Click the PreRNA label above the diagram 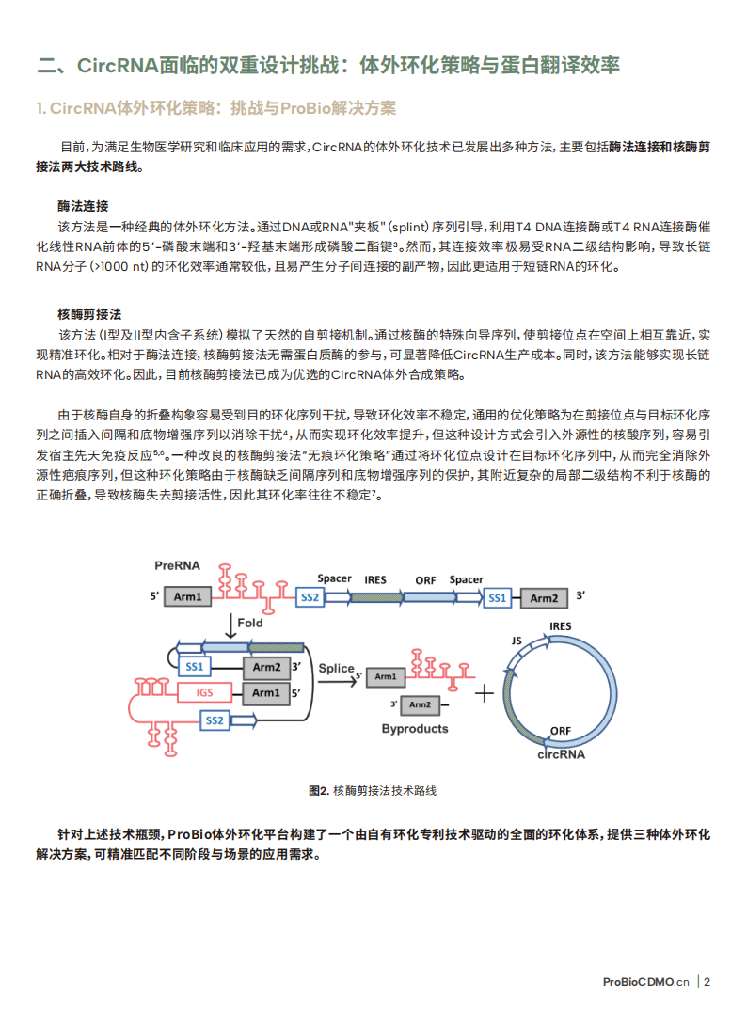pyautogui.click(x=176, y=565)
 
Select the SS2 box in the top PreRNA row pyautogui.click(x=310, y=597)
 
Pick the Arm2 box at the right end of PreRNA pyautogui.click(x=544, y=597)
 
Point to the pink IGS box pyautogui.click(x=204, y=693)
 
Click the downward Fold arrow pyautogui.click(x=230, y=624)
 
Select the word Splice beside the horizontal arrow pyautogui.click(x=336, y=669)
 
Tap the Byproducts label pyautogui.click(x=415, y=729)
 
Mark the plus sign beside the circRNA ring pyautogui.click(x=484, y=695)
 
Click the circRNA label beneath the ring pyautogui.click(x=561, y=754)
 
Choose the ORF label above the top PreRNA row pyautogui.click(x=425, y=579)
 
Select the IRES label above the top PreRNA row pyautogui.click(x=375, y=579)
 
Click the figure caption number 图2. pyautogui.click(x=318, y=791)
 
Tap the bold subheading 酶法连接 pyautogui.click(x=83, y=206)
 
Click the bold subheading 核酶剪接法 pyautogui.click(x=88, y=313)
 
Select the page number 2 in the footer pyautogui.click(x=707, y=982)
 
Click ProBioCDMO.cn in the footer pyautogui.click(x=645, y=982)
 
